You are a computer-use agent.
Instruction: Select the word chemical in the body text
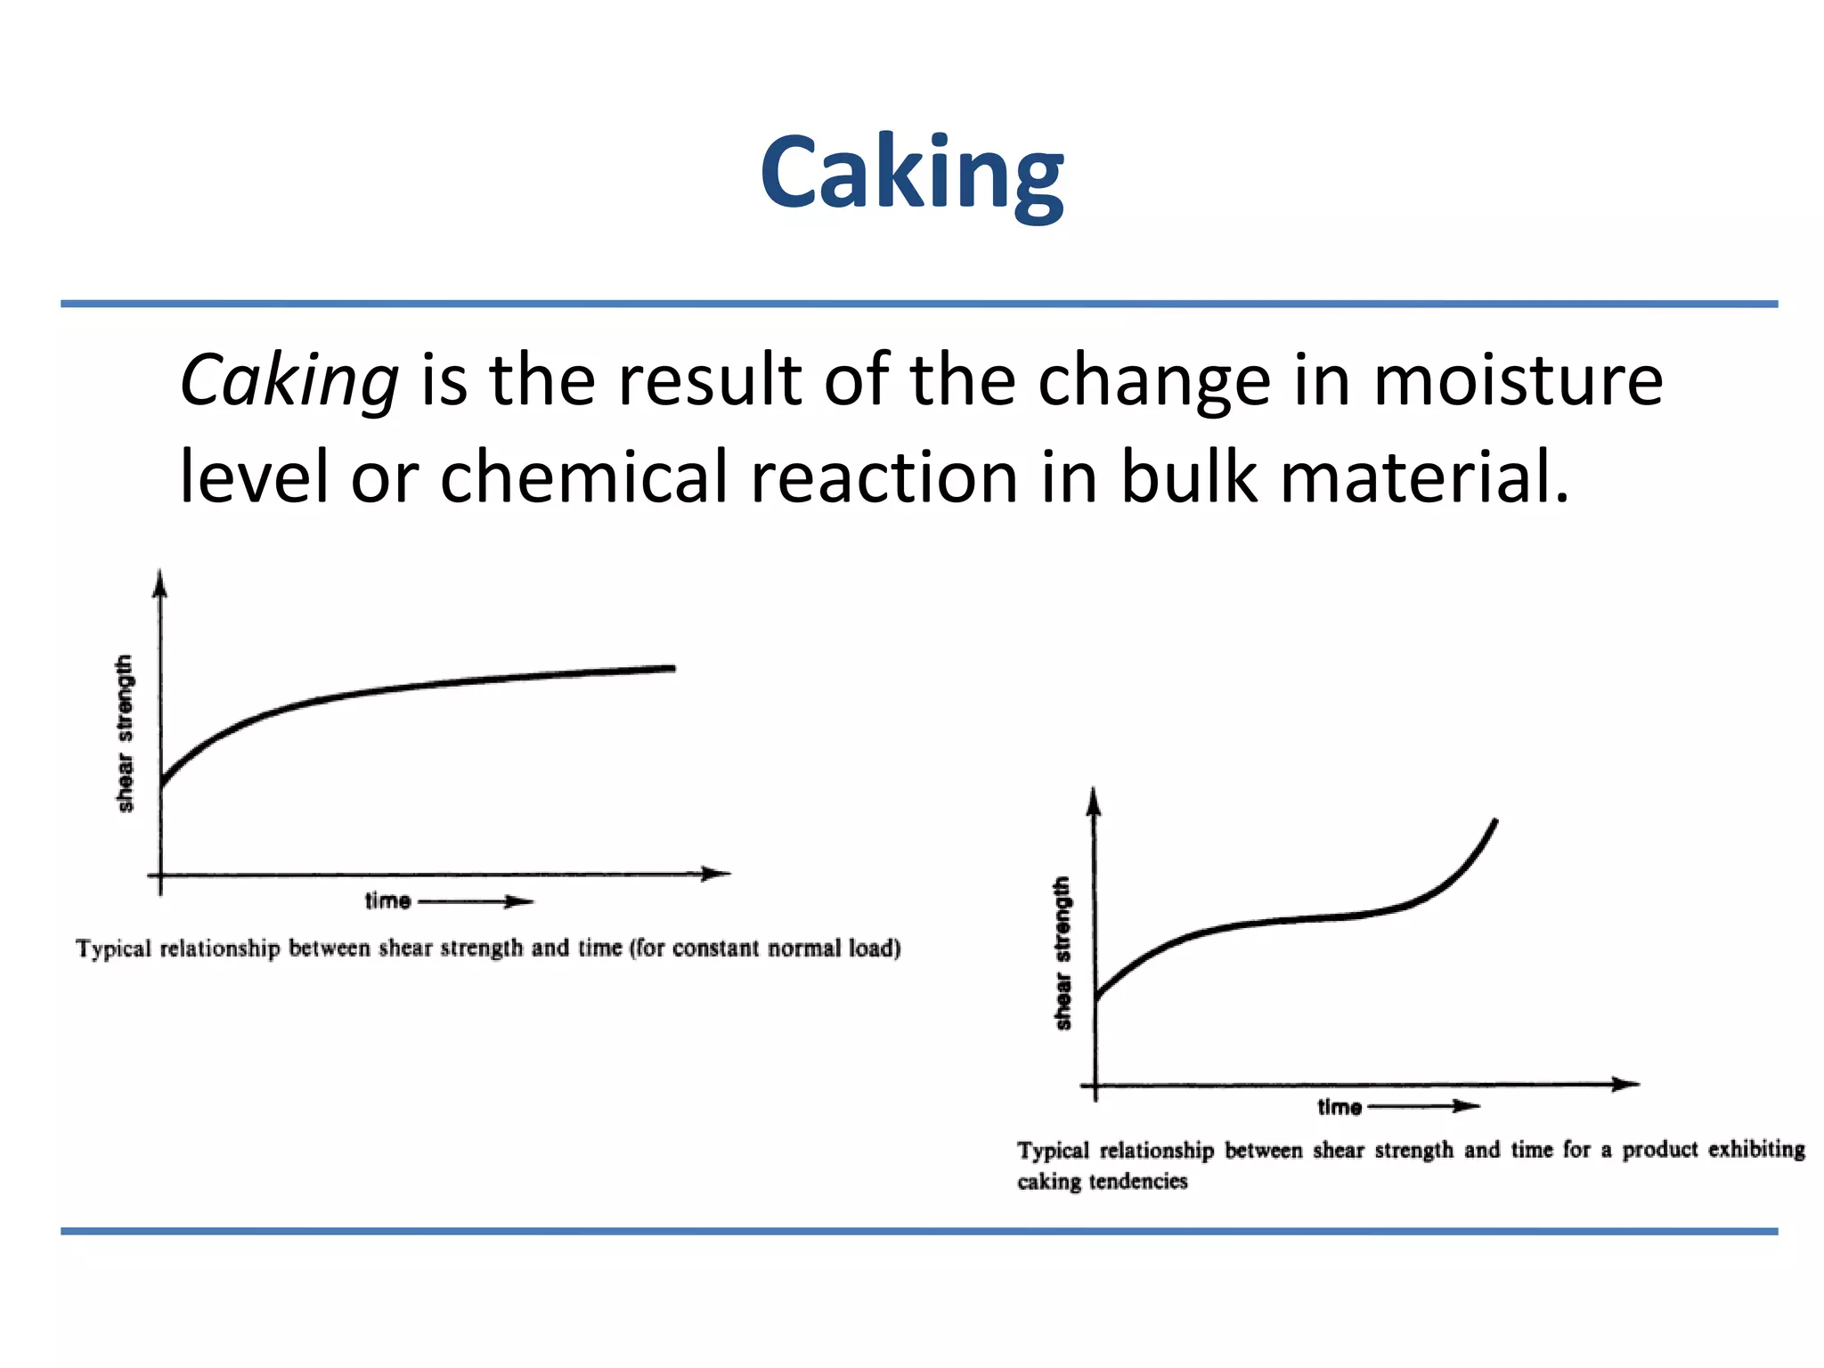[583, 477]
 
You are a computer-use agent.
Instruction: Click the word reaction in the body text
[884, 477]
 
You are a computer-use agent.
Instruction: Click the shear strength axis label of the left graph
[125, 733]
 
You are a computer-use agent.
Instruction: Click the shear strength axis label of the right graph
[1062, 953]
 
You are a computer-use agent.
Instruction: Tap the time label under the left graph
[387, 901]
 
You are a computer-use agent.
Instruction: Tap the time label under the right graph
[1339, 1107]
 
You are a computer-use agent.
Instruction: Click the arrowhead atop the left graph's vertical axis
[160, 582]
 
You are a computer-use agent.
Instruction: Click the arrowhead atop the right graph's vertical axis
[1095, 802]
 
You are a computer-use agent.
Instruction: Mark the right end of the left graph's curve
[672, 668]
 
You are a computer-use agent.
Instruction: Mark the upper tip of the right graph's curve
[1495, 821]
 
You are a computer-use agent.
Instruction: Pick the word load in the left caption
[873, 949]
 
